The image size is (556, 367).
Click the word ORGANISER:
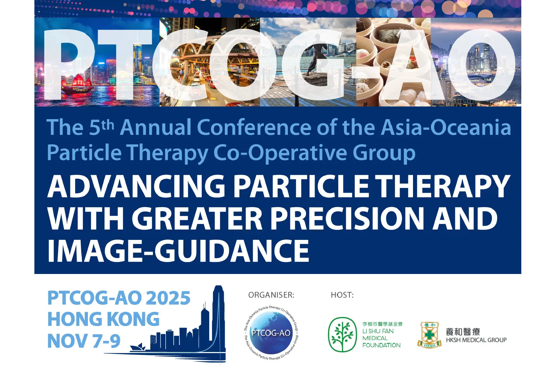[271, 295]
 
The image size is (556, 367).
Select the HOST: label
[342, 295]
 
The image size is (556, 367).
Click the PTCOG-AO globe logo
[271, 333]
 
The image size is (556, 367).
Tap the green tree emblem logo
[342, 335]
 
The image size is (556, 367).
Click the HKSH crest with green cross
[430, 335]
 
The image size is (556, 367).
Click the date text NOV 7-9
[84, 341]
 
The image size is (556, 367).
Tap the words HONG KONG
[103, 319]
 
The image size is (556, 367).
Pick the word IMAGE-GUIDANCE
[178, 251]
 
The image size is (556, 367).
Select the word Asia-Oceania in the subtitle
[446, 127]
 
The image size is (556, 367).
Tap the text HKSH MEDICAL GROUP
[476, 340]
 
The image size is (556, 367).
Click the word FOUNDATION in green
[381, 345]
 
